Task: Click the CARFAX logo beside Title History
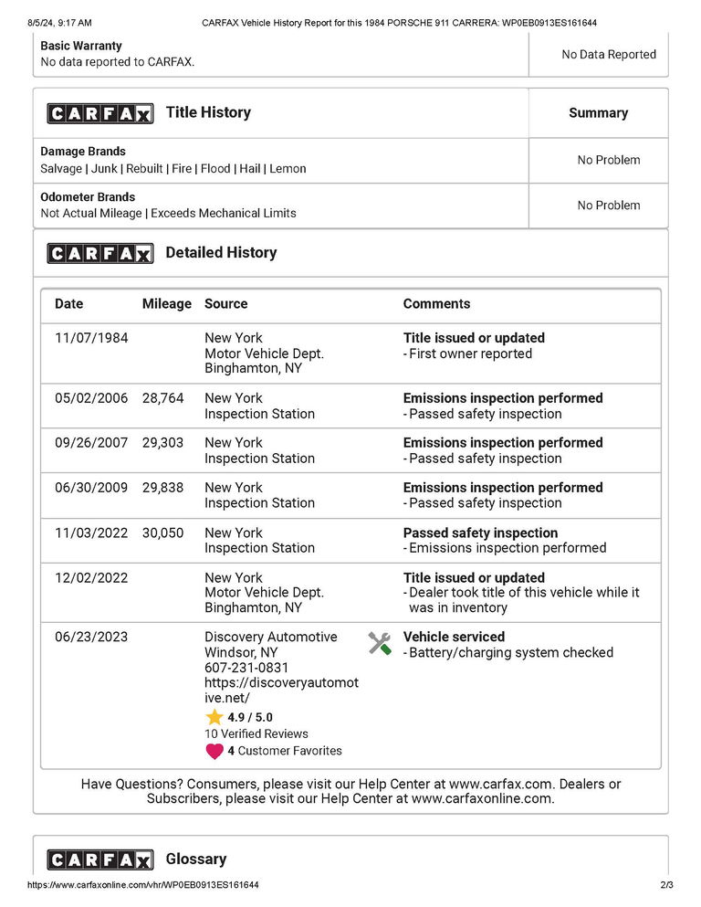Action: coord(100,113)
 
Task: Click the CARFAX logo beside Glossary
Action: coord(100,860)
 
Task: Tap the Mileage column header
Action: coord(166,304)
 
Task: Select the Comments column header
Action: coord(436,304)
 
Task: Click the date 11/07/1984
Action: coord(91,338)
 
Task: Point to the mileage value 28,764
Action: coord(162,398)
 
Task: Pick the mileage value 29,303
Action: coord(162,443)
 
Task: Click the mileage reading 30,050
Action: coord(162,533)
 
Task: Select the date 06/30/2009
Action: coord(91,488)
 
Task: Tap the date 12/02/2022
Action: coord(91,578)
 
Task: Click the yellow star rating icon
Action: coord(214,717)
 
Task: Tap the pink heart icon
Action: coord(214,751)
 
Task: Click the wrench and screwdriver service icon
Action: coord(380,643)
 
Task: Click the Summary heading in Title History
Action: coord(598,113)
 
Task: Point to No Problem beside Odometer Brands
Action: coord(609,206)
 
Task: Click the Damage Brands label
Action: coord(83,152)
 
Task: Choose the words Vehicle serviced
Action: coord(454,638)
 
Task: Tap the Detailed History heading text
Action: coord(221,253)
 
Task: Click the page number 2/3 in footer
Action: coord(665,885)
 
